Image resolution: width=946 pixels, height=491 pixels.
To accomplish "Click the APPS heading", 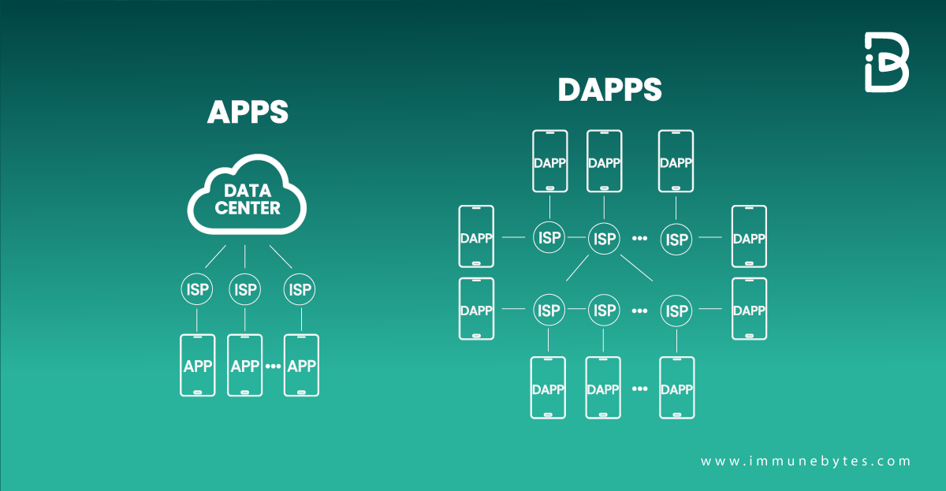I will (x=248, y=113).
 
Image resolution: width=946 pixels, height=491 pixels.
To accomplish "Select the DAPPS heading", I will (x=609, y=90).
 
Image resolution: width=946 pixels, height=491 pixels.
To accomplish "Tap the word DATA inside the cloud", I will (x=247, y=191).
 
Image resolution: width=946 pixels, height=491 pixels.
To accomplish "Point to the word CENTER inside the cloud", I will (x=248, y=208).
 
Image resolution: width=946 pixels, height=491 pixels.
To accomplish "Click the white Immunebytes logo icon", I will (x=886, y=63).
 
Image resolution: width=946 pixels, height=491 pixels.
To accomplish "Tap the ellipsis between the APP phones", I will (x=273, y=366).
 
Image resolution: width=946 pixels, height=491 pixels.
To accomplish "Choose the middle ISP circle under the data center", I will (x=245, y=290).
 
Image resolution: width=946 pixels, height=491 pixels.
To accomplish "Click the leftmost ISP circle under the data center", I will (x=197, y=290).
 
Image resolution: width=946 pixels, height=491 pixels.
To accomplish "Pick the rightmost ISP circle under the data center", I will (x=300, y=290).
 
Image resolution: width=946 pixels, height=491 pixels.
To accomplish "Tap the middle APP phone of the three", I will (x=245, y=366).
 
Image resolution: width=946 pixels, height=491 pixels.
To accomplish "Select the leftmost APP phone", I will (x=197, y=366).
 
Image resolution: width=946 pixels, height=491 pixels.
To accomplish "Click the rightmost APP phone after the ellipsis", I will (x=301, y=366).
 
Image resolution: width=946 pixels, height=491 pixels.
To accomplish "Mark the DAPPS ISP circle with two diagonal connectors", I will (x=605, y=238).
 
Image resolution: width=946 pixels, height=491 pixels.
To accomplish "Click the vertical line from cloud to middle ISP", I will (x=245, y=255).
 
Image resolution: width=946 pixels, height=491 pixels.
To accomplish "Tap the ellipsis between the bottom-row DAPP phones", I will (x=639, y=389).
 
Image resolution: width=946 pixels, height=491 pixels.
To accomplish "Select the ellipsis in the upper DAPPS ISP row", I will (x=639, y=238).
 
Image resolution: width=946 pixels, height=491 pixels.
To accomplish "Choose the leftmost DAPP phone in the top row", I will (x=549, y=162).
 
